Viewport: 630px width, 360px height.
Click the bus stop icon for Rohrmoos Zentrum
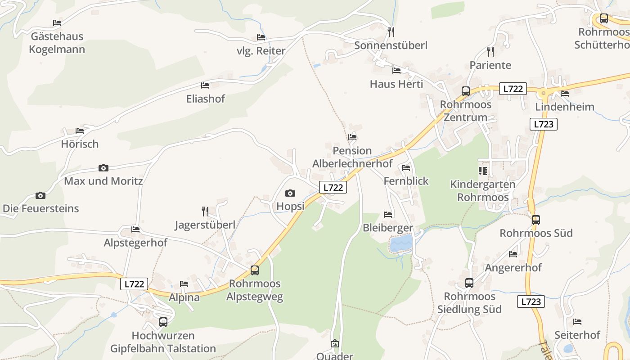pos(466,91)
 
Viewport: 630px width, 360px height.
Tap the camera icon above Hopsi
pos(290,193)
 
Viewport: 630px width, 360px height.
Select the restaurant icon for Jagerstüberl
pos(205,211)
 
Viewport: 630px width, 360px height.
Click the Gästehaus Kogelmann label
pos(57,43)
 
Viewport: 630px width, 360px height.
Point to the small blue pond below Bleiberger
pos(401,243)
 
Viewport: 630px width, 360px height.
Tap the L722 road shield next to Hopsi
pos(333,188)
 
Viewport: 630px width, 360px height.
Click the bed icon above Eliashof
pos(205,85)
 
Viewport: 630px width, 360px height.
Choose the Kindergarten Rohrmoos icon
pos(483,171)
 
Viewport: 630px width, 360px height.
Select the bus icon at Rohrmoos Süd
pos(535,220)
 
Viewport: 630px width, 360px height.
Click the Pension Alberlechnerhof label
pos(352,157)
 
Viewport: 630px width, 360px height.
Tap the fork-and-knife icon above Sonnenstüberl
pos(391,31)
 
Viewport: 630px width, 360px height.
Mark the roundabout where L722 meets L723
pos(544,93)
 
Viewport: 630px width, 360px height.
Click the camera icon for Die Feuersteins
pos(40,195)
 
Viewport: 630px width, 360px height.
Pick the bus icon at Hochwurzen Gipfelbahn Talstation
pos(163,322)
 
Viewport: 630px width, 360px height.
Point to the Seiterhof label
pos(577,335)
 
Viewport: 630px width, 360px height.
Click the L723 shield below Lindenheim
pos(543,124)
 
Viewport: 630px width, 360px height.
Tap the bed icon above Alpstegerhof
pos(135,229)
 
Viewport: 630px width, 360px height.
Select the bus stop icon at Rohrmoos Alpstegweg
pos(255,270)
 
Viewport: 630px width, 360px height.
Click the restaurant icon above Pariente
pos(490,52)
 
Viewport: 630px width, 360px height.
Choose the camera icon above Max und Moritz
pos(103,168)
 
